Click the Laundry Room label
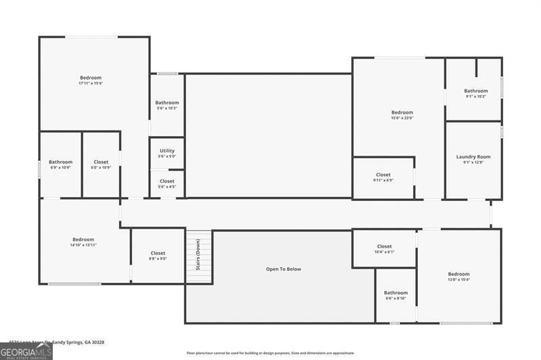473,156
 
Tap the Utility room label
167,151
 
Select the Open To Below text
283,269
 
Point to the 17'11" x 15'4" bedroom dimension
90,83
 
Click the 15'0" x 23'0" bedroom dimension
402,118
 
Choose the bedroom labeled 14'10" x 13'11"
83,242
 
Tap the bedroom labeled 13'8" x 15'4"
458,276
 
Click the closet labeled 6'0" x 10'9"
101,164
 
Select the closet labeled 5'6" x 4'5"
166,183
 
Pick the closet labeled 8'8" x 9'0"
158,256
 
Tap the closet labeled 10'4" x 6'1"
384,249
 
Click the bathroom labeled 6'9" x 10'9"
60,164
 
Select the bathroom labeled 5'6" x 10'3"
167,105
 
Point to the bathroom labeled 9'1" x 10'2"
475,93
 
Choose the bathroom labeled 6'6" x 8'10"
396,295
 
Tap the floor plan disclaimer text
270,353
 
